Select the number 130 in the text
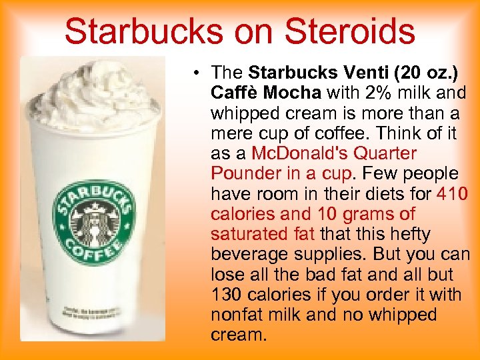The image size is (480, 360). pos(226,295)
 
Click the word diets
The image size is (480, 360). pos(372,194)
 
